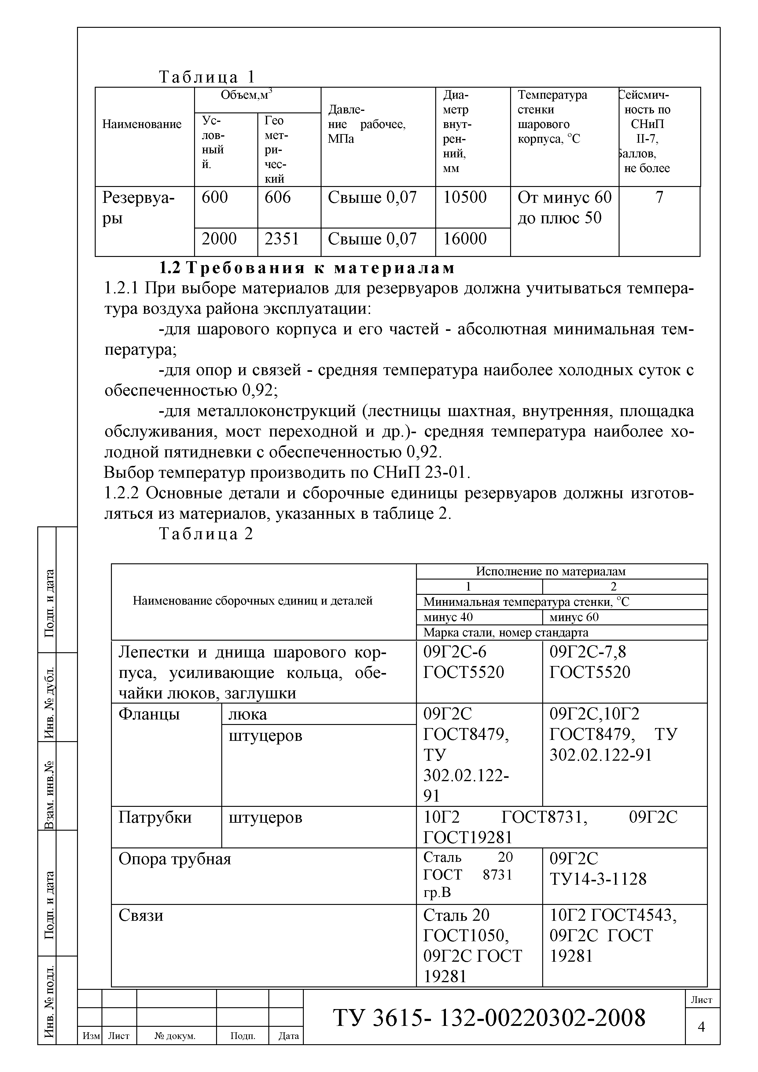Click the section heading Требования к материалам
pyautogui.click(x=307, y=268)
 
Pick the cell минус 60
pyautogui.click(x=574, y=617)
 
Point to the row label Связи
pyautogui.click(x=141, y=915)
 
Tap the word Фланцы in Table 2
pyautogui.click(x=149, y=714)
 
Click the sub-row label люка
pyautogui.click(x=248, y=714)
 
